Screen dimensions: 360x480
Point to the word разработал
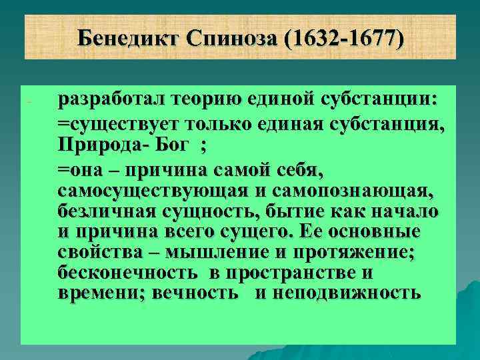[113, 100]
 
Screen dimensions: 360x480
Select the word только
[224, 123]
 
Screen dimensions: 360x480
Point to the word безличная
[105, 212]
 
